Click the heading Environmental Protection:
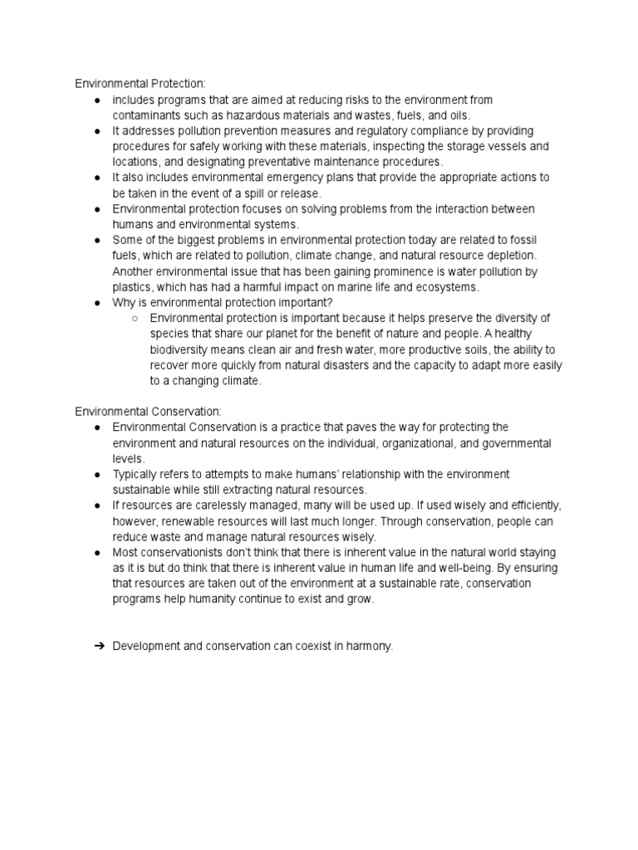point(140,84)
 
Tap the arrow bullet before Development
point(99,646)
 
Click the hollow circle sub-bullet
point(135,318)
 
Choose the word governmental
point(513,443)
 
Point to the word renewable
point(193,521)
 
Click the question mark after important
point(331,302)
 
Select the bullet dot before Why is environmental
point(98,303)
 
